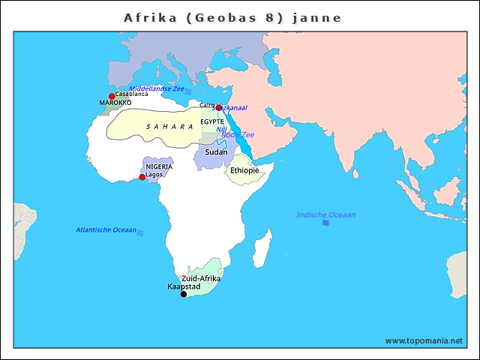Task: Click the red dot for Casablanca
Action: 112,96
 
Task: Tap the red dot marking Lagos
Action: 142,177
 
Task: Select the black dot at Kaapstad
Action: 184,294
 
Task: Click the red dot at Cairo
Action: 218,107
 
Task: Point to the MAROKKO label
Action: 115,103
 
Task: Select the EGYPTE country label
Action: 211,121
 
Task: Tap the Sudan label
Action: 216,152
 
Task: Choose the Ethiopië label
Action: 244,171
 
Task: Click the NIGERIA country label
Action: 159,166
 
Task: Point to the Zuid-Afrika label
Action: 201,278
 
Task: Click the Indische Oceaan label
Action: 325,215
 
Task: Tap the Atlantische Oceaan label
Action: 106,229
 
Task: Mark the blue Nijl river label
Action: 221,129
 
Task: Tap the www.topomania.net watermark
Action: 424,340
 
